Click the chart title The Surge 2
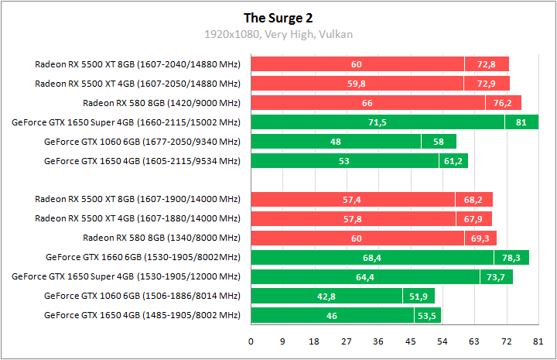278,18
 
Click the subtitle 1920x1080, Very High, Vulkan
278,34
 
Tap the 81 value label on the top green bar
521,122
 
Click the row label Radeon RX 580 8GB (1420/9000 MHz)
162,103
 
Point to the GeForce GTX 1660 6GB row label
142,257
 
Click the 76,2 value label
503,103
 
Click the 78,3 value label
511,257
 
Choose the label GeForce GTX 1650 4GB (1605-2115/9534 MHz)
142,161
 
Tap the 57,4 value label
353,200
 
